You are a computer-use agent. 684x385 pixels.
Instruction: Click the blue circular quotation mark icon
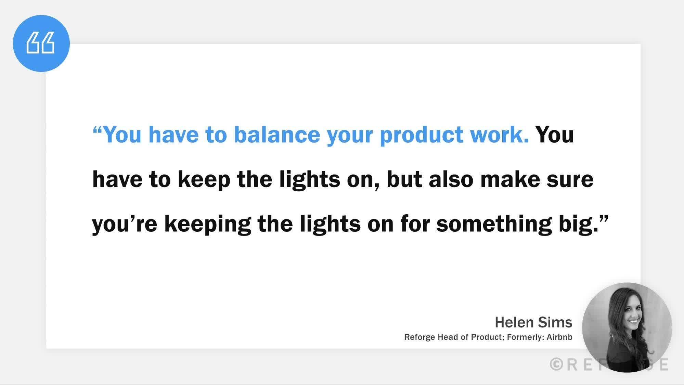tap(41, 43)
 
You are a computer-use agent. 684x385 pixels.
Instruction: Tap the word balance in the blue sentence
tap(277, 134)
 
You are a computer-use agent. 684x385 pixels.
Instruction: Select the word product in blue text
tap(421, 134)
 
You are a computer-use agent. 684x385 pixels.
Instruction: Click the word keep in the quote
tap(204, 180)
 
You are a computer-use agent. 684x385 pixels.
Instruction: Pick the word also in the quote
tap(451, 179)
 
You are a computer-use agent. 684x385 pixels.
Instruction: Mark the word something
tap(494, 224)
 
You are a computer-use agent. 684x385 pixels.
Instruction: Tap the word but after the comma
tap(404, 179)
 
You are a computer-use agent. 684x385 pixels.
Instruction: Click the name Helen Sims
tap(533, 322)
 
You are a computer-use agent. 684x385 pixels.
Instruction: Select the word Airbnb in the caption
tap(559, 337)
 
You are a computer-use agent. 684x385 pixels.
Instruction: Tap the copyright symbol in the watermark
tap(556, 364)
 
